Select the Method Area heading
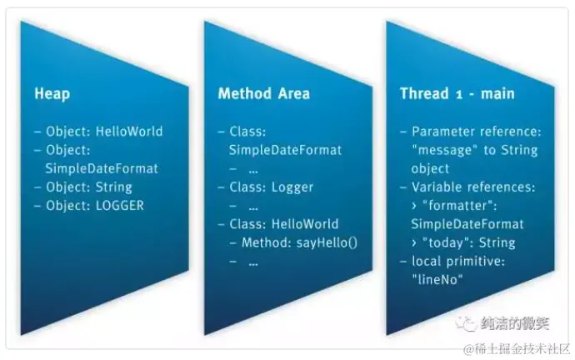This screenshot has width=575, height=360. pyautogui.click(x=263, y=93)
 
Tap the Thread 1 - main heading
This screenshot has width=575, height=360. pyautogui.click(x=457, y=93)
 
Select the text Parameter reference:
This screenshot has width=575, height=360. pyautogui.click(x=477, y=132)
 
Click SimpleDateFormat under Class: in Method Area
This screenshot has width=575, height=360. pyautogui.click(x=285, y=151)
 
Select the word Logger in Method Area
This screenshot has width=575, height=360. pyautogui.click(x=292, y=187)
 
